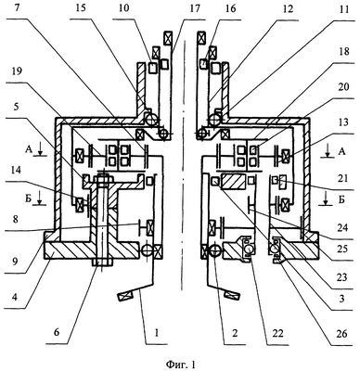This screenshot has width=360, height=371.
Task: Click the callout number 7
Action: [19, 8]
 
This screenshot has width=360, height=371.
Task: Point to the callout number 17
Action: [195, 8]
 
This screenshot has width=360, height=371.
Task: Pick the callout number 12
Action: [287, 9]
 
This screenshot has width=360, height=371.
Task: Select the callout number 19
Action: [19, 71]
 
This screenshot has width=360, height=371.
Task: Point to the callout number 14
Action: [19, 171]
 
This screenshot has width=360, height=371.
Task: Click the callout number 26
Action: [342, 334]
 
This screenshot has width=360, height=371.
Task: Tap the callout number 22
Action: [276, 333]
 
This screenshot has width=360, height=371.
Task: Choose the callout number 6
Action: [58, 333]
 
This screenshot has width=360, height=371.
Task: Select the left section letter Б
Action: [28, 198]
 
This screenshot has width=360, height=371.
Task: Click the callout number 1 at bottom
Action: [157, 333]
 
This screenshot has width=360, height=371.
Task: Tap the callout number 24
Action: [342, 228]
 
